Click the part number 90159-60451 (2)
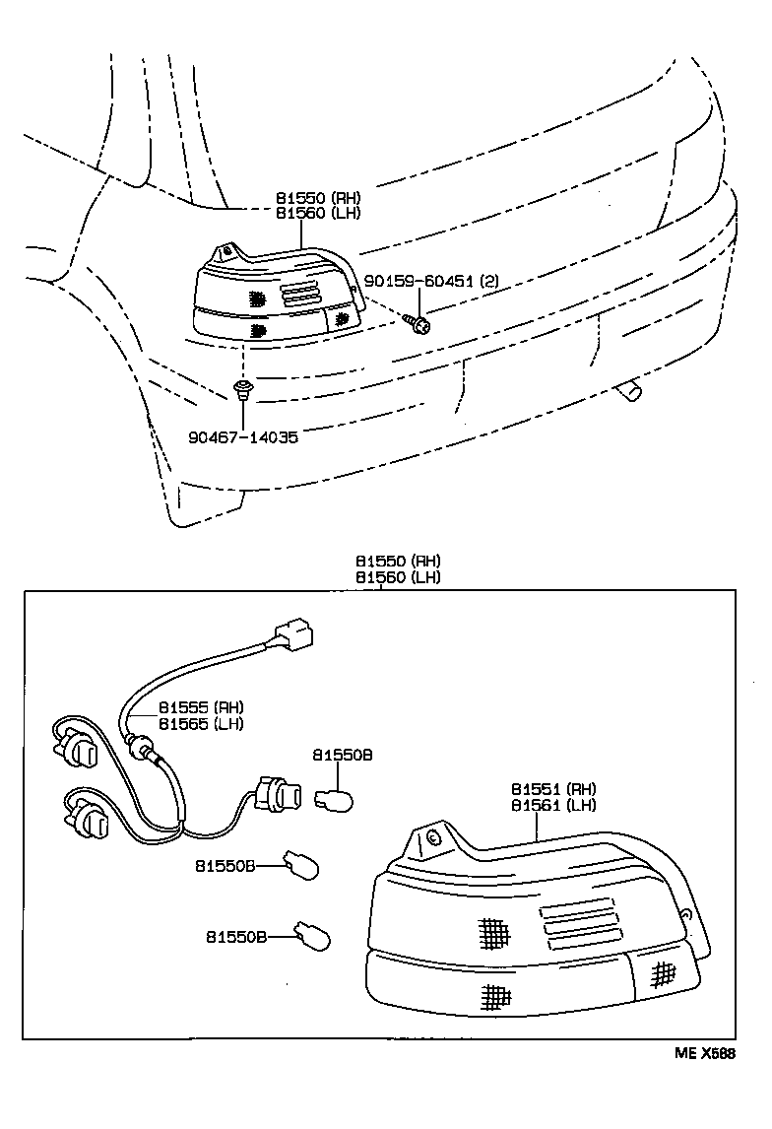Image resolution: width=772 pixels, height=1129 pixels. click(431, 281)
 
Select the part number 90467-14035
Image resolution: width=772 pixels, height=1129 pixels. click(243, 436)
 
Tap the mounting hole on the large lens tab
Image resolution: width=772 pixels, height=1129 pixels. click(431, 838)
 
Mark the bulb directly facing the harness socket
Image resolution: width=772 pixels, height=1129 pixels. click(337, 796)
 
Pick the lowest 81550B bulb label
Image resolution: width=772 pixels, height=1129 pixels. click(236, 936)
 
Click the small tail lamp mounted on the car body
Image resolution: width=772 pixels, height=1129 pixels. click(276, 296)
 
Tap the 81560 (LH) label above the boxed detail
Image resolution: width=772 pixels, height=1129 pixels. click(398, 576)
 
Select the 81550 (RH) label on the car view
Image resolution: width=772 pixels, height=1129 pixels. click(317, 197)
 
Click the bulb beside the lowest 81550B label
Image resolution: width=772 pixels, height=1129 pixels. click(313, 934)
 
